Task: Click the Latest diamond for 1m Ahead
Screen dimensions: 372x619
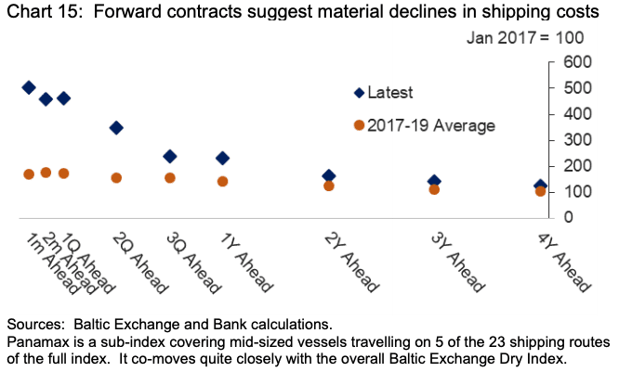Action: click(x=29, y=87)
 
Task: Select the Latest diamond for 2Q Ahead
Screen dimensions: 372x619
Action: click(x=116, y=128)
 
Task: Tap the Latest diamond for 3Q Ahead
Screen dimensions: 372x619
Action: click(x=170, y=156)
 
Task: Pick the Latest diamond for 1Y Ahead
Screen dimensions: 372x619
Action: click(x=222, y=159)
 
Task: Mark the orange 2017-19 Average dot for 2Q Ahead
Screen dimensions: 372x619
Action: click(x=116, y=177)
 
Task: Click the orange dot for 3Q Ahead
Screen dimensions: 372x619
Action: click(x=170, y=177)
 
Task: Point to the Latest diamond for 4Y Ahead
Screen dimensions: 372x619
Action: click(x=540, y=186)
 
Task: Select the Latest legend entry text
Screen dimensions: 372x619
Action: click(x=390, y=93)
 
